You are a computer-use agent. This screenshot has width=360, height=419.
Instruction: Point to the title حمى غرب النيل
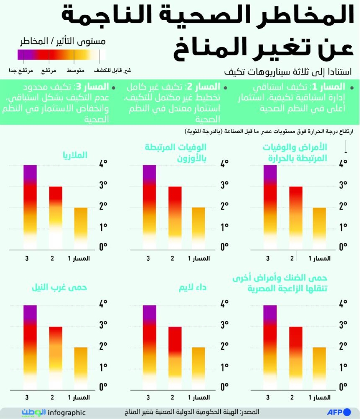tap(59, 288)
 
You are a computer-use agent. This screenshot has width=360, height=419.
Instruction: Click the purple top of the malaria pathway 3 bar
tap(30, 174)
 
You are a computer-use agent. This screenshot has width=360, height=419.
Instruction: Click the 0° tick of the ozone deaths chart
tap(225, 247)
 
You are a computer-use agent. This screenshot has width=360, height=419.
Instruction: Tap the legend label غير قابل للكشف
tap(112, 71)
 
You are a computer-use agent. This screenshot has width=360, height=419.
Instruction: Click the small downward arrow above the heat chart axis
tap(346, 147)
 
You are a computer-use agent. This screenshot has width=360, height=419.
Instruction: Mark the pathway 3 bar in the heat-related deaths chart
tap(270, 207)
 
